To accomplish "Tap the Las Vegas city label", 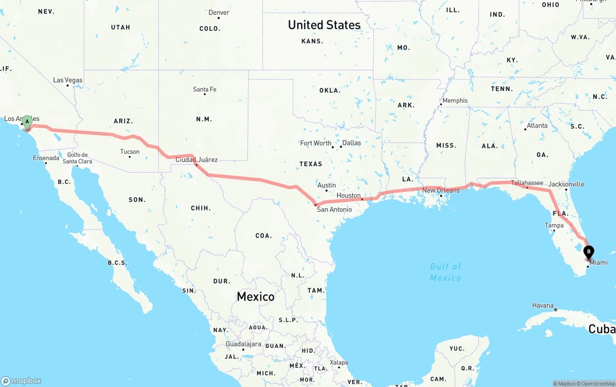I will [x=68, y=80].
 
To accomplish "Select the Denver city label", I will [x=219, y=13].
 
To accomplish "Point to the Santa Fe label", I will [x=205, y=89].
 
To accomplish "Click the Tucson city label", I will [x=129, y=152].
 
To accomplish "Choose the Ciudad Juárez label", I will [x=196, y=160].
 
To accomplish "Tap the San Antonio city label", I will [x=334, y=209].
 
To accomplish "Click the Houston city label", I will [x=348, y=195].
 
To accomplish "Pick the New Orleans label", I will [x=441, y=190].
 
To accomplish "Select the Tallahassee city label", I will [x=527, y=183].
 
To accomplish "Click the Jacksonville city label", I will [x=566, y=184].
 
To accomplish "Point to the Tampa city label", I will [x=554, y=225].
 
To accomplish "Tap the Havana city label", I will [x=543, y=306].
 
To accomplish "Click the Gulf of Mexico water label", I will [x=446, y=272].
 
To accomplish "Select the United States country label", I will [x=324, y=25].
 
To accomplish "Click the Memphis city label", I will [x=455, y=101].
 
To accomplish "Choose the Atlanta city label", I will [x=537, y=126].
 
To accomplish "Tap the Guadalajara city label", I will [x=243, y=344].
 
